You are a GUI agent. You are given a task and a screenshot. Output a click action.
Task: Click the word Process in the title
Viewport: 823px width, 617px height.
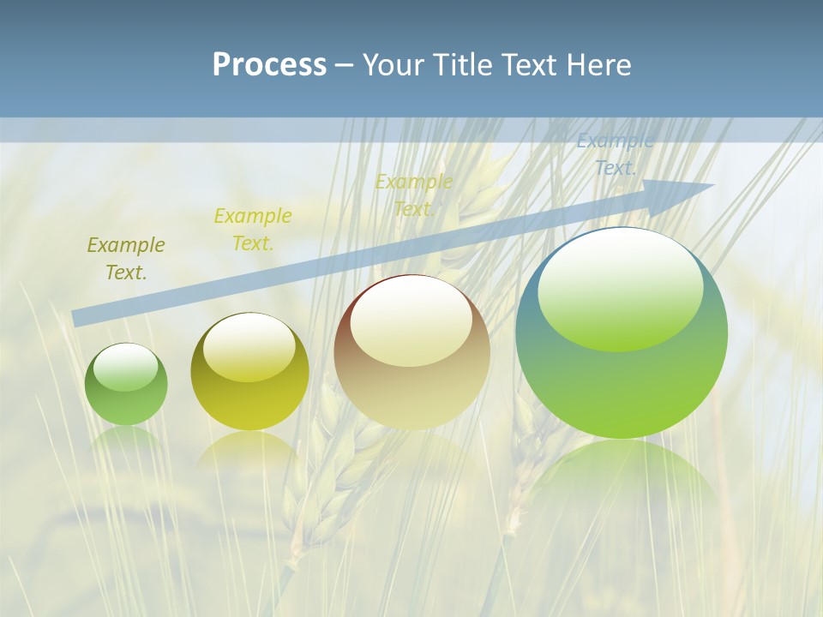tap(269, 65)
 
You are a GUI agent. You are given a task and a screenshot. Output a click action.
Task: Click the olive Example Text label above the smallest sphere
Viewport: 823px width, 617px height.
tap(126, 259)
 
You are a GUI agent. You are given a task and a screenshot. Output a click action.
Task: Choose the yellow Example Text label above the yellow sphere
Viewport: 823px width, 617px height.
tap(253, 230)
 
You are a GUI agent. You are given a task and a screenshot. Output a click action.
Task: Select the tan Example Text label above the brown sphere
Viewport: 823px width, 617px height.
tap(414, 195)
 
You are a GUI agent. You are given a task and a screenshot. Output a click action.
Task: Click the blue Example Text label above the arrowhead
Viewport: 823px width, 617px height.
tap(616, 155)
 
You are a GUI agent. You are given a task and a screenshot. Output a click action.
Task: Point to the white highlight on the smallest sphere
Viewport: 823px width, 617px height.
tap(126, 367)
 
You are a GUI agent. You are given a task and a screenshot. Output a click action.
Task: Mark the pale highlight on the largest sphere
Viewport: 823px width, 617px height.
tap(621, 288)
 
